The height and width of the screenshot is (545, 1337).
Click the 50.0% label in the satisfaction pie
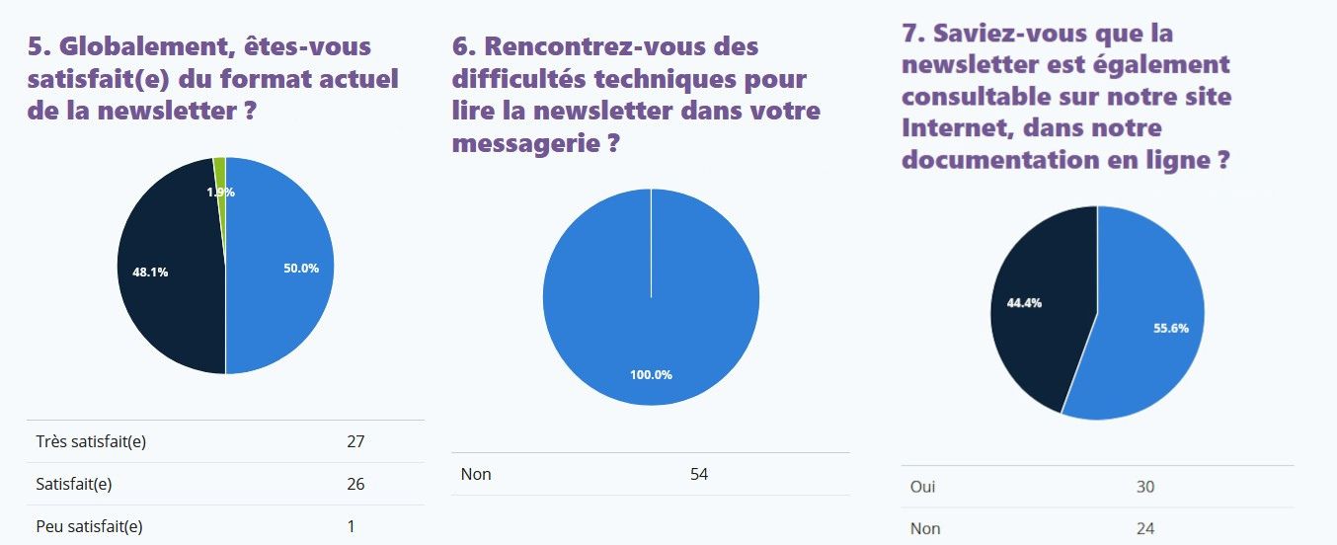[302, 269]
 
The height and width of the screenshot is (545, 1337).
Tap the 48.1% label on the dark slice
[150, 272]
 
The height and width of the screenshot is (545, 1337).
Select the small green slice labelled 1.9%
[220, 178]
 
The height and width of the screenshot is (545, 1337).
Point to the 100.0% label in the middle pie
[651, 375]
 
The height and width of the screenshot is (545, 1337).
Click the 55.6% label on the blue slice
[1170, 328]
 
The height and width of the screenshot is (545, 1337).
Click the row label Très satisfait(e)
[91, 441]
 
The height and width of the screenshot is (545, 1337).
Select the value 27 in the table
[355, 441]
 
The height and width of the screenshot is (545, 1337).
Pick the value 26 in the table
[355, 484]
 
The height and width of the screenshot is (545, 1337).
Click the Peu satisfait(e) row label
[89, 526]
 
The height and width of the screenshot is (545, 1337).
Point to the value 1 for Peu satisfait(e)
[351, 526]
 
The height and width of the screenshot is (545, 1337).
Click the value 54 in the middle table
[698, 474]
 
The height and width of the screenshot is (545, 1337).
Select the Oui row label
[922, 487]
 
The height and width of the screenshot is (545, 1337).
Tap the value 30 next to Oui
[1145, 487]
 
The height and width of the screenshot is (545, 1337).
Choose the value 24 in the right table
[1145, 528]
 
